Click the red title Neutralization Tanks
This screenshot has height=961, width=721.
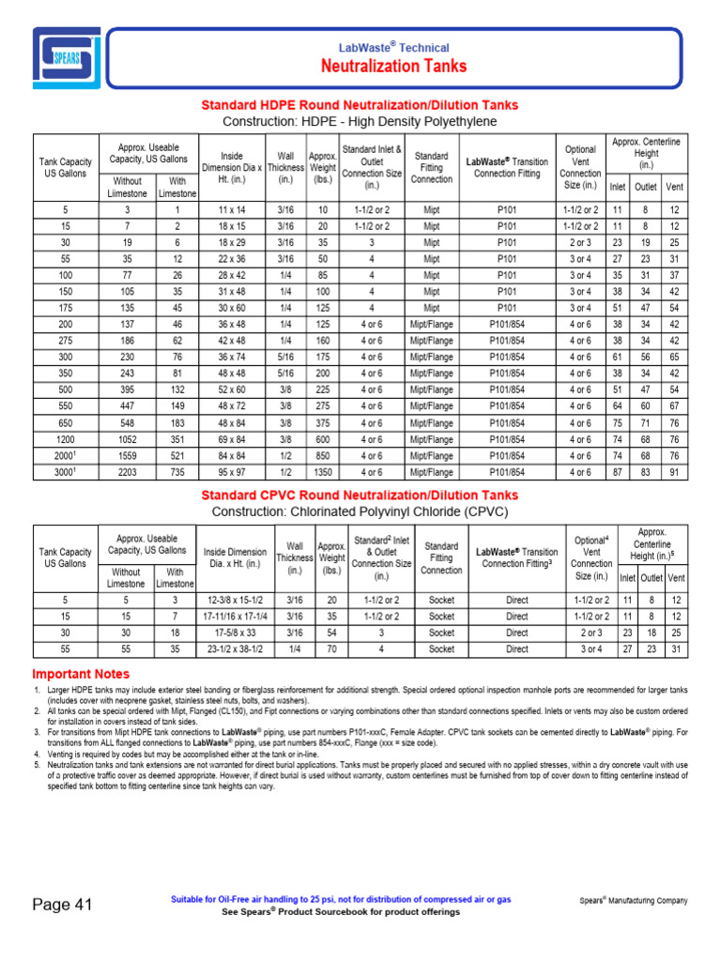coord(393,66)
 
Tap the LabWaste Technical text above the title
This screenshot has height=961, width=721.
coord(393,47)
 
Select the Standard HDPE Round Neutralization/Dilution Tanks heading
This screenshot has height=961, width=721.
coord(360,105)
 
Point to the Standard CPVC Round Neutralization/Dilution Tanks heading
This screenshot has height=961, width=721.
coord(360,495)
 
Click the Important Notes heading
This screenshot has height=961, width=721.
coord(81,674)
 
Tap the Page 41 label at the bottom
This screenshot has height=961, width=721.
coord(62,905)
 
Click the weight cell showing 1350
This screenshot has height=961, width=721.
coord(323,473)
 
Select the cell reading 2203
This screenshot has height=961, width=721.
coord(127,473)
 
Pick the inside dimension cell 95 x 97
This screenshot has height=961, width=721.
coord(231,473)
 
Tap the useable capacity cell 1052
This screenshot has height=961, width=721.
coord(127,439)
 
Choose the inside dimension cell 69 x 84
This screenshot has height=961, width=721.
coord(231,439)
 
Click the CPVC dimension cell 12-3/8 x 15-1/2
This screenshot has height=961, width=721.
coord(236,600)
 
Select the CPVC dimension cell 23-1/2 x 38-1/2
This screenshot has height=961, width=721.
coord(236,648)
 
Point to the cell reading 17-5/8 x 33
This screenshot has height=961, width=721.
coord(236,633)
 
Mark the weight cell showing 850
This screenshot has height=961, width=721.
coord(323,456)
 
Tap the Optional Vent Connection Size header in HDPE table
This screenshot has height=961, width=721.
coord(580,167)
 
